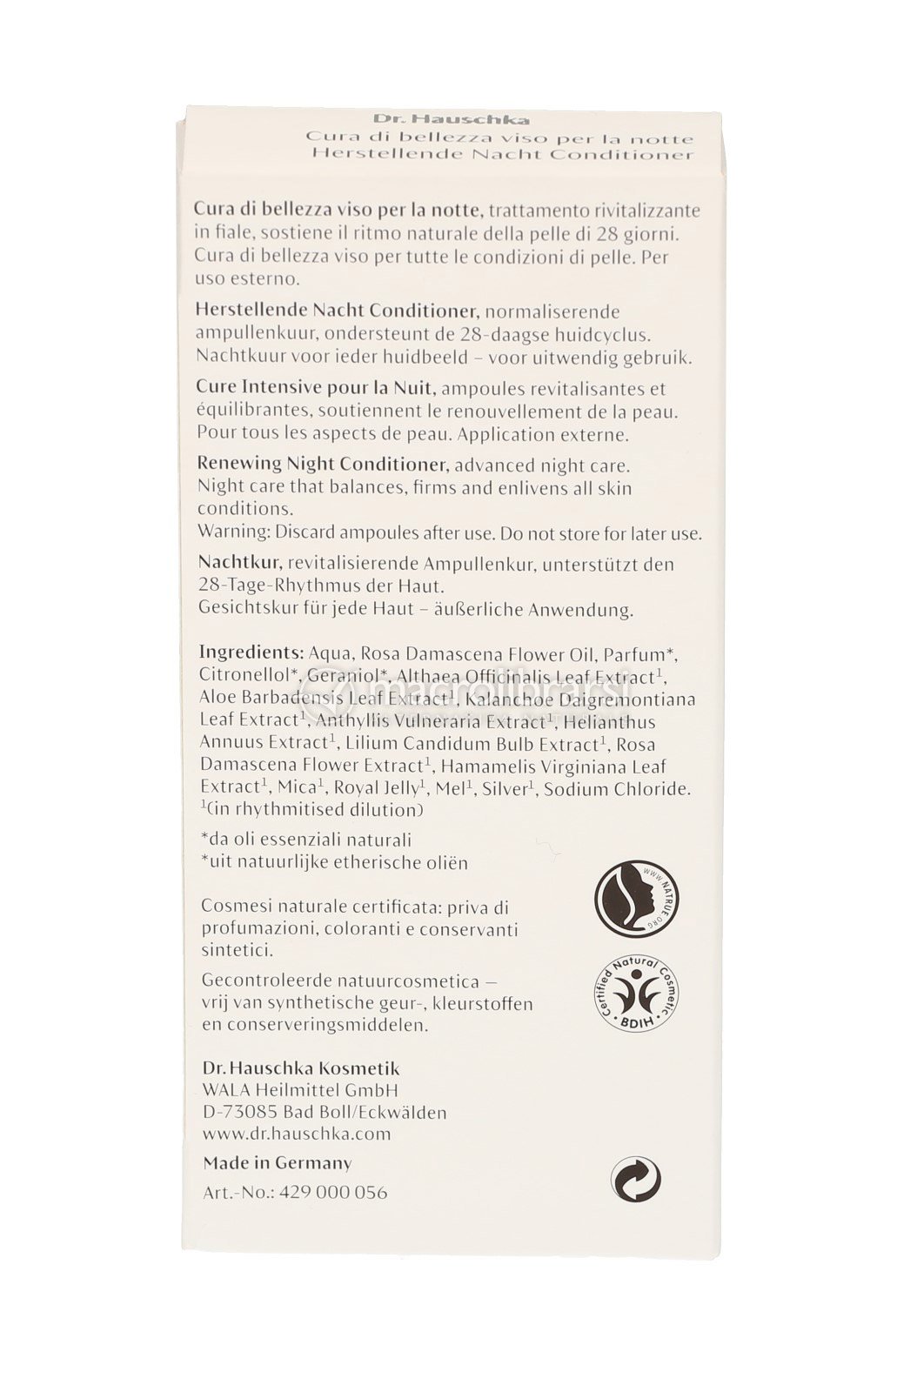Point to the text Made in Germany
278,1163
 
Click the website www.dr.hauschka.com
297,1134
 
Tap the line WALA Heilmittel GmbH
300,1090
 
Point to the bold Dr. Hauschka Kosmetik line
301,1067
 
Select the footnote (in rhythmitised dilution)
312,810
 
